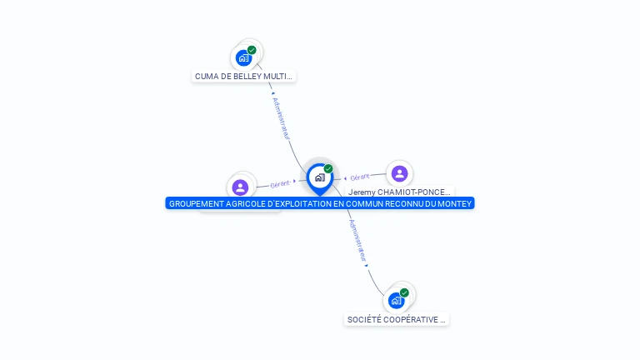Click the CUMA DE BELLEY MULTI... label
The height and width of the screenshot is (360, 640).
coord(243,77)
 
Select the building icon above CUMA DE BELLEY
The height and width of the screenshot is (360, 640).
coord(242,58)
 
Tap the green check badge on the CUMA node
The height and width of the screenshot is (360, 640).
coord(252,50)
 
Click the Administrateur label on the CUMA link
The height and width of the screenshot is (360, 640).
coord(281,117)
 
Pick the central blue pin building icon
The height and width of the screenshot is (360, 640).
coord(319,177)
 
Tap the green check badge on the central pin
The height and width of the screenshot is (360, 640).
coord(328,169)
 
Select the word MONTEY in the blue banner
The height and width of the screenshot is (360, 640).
coord(455,203)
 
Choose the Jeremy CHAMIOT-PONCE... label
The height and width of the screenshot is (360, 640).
coord(400,192)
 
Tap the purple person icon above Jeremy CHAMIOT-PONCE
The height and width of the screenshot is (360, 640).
coord(399,173)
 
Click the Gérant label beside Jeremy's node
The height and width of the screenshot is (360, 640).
coord(359,177)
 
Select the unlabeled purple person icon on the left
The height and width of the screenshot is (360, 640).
coord(241,187)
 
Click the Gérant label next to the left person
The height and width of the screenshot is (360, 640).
coord(280,184)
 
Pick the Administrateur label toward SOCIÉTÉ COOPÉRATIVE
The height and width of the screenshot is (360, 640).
coord(357,241)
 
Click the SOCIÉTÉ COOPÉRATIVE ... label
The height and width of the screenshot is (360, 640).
coord(397,319)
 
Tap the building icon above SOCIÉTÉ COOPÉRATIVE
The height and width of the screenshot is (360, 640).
coord(396,300)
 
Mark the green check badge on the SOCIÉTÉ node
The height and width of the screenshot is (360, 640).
coord(404,292)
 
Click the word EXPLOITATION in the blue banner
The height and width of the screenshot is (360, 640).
coord(312,203)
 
